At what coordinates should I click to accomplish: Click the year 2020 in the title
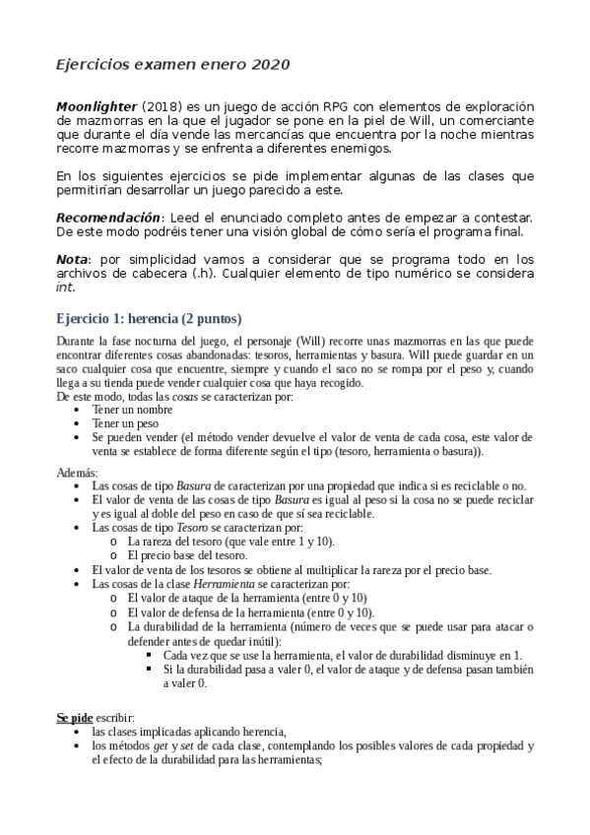click(x=270, y=65)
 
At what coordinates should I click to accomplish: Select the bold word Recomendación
click(x=107, y=217)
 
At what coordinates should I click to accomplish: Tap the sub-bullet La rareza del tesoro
click(x=182, y=542)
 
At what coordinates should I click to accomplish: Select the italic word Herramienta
click(x=223, y=583)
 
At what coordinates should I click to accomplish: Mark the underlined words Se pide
click(x=75, y=719)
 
